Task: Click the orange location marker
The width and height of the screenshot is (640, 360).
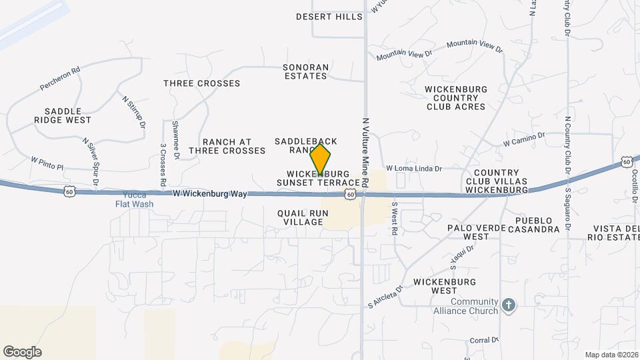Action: click(x=320, y=160)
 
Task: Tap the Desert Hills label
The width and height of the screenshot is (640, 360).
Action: click(x=329, y=17)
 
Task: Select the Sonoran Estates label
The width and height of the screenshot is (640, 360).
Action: click(x=305, y=72)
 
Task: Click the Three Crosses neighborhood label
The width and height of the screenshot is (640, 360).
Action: click(x=201, y=83)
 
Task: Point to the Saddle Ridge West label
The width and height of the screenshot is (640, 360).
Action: click(x=63, y=115)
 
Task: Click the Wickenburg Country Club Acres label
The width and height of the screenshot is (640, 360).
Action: click(x=456, y=98)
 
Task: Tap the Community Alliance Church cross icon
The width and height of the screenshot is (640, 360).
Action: click(x=509, y=306)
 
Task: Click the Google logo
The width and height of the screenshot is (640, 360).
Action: click(x=22, y=352)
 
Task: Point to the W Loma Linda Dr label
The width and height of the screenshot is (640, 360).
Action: click(x=414, y=169)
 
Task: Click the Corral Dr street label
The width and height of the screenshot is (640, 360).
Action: click(x=484, y=339)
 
